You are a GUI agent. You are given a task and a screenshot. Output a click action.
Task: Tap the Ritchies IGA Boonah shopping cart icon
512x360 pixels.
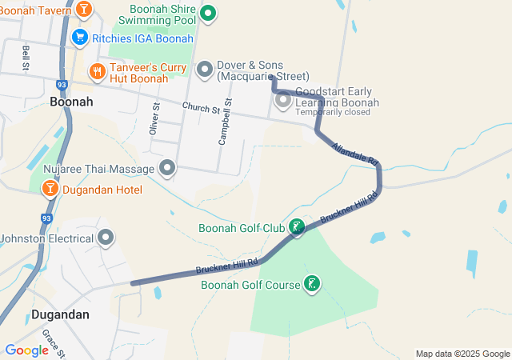click(79, 37)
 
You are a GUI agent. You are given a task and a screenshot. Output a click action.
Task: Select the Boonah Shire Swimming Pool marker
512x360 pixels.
click(208, 13)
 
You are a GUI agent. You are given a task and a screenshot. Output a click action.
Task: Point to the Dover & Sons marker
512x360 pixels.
click(204, 70)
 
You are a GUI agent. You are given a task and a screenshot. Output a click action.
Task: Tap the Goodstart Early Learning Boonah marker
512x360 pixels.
click(282, 101)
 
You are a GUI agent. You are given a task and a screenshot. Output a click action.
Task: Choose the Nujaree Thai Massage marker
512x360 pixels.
click(167, 168)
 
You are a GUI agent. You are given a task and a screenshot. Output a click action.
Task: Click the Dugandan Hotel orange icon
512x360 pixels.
click(50, 189)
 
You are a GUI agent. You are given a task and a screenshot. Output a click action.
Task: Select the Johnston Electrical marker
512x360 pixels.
click(106, 238)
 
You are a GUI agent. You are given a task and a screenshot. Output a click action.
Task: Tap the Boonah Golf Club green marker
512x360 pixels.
click(297, 228)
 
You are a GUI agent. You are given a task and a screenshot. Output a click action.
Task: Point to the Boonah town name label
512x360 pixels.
click(71, 102)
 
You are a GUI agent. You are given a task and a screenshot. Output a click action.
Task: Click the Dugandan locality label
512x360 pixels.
click(60, 314)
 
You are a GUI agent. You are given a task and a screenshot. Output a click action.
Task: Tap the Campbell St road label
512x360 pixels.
click(225, 122)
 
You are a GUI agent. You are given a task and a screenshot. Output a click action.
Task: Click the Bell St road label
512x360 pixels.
click(26, 57)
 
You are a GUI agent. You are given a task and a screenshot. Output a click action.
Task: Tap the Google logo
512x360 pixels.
click(26, 350)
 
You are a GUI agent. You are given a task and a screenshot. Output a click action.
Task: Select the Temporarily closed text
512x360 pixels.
click(333, 112)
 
